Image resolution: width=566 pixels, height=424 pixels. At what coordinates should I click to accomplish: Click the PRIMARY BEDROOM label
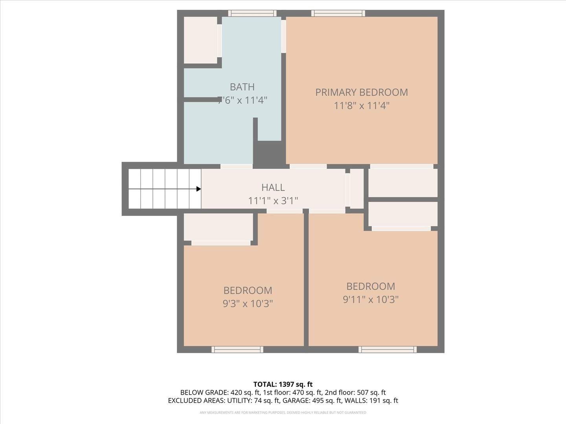coord(361,92)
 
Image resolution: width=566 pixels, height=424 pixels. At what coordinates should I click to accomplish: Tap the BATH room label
coord(242,87)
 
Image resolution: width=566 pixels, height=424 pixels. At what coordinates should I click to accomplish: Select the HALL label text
coord(273,187)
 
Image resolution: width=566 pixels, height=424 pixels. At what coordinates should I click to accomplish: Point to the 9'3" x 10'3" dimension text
coord(248,303)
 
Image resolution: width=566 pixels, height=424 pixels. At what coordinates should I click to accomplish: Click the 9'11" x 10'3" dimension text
coord(370,299)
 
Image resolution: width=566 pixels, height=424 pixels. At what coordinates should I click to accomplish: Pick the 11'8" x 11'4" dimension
coord(361,105)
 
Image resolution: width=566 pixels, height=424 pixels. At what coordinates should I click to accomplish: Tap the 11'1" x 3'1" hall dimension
coord(273,201)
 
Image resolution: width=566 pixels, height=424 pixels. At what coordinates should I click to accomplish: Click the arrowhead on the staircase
coord(198,189)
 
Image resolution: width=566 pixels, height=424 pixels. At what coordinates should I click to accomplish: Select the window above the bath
coord(252,13)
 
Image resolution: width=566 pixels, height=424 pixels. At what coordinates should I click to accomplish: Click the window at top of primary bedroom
coord(338,13)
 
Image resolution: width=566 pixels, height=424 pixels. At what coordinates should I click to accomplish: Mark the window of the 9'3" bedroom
coord(237,349)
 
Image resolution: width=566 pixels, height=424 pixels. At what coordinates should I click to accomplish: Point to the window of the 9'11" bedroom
coord(387,349)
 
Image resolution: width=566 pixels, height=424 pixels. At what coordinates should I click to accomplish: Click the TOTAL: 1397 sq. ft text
coord(283,384)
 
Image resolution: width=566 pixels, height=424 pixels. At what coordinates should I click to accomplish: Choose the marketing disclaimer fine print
coord(283,413)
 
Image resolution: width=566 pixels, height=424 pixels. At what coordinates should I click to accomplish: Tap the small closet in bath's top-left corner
coord(200,40)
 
